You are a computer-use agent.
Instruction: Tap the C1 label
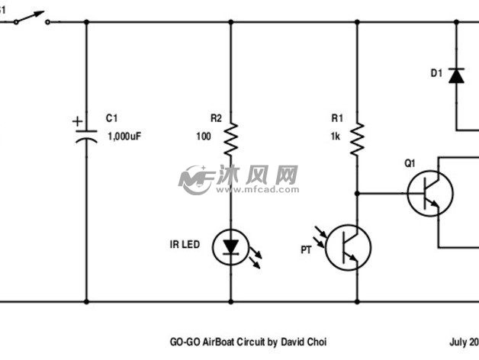click(113, 118)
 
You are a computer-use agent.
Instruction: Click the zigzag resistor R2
click(231, 140)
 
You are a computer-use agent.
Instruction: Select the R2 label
click(216, 118)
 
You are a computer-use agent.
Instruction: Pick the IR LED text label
click(185, 245)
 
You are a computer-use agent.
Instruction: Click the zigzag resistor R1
click(356, 140)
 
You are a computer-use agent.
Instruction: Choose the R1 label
click(337, 118)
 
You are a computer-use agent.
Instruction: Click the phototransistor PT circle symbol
click(348, 247)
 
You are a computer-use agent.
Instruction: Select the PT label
click(306, 249)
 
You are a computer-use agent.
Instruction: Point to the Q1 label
click(410, 163)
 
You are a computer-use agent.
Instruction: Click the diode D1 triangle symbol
click(457, 75)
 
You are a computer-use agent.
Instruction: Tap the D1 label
click(436, 73)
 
